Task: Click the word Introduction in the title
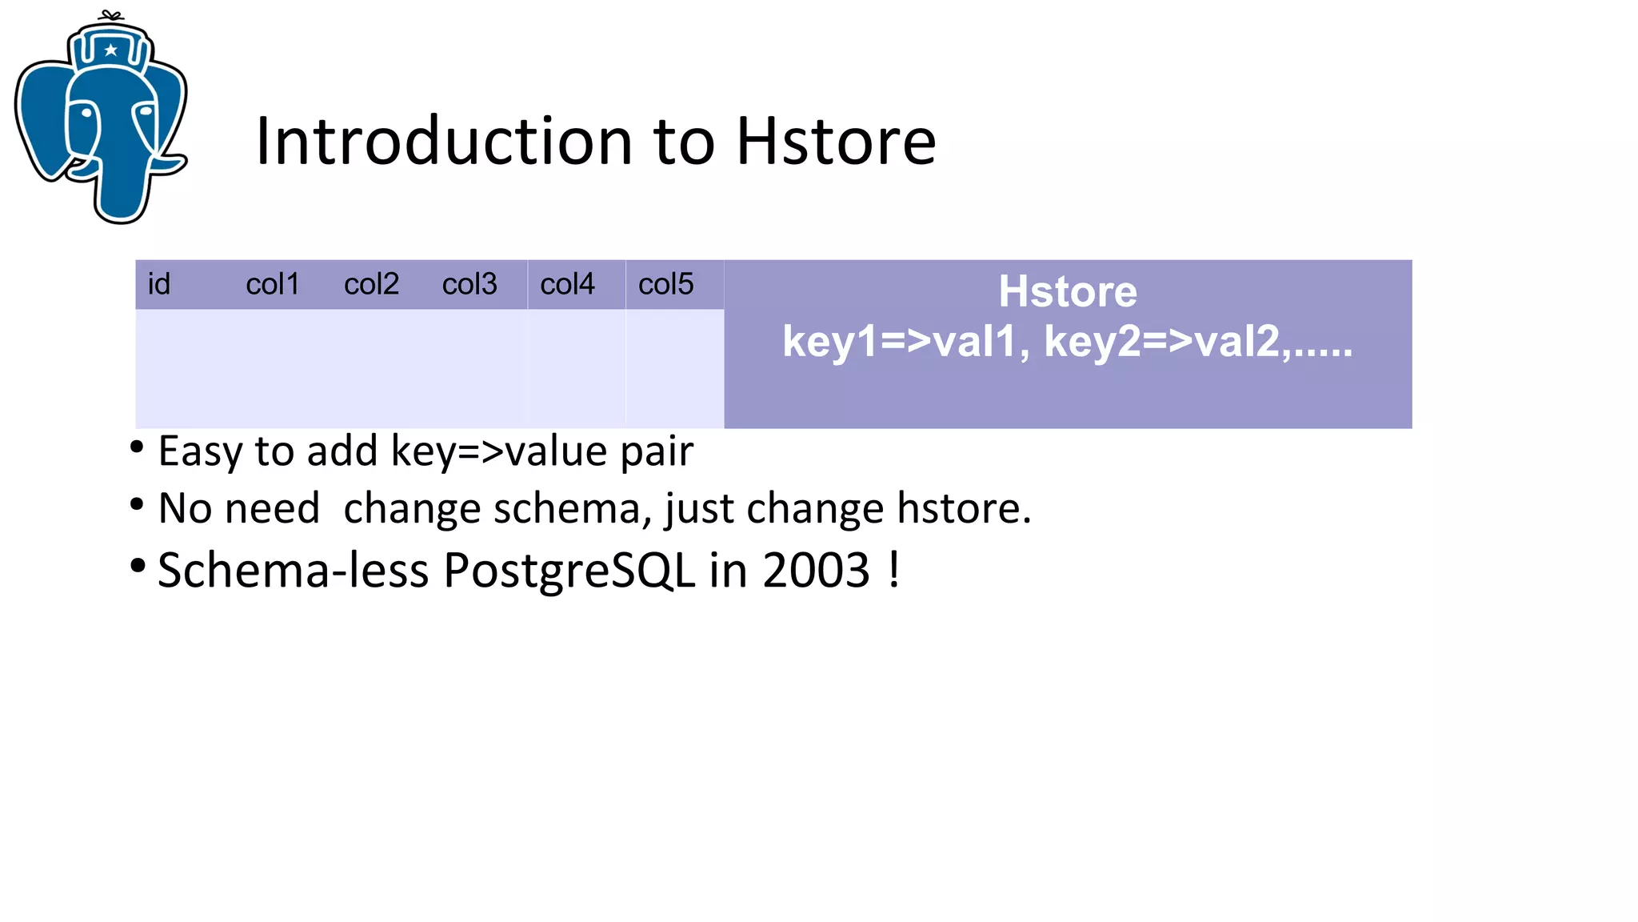pos(444,142)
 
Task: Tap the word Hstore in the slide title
pos(836,142)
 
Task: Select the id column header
pos(159,284)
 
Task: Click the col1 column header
pos(273,284)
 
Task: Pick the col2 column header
pos(371,284)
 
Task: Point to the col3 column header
pos(469,284)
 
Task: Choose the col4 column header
pos(567,284)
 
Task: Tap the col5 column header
pos(665,284)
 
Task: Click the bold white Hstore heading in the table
pos(1067,291)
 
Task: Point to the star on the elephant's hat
pos(111,50)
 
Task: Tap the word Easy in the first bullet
pos(200,452)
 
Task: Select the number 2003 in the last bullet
pos(816,571)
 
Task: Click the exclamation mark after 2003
pos(893,569)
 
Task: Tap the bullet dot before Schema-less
pos(138,566)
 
